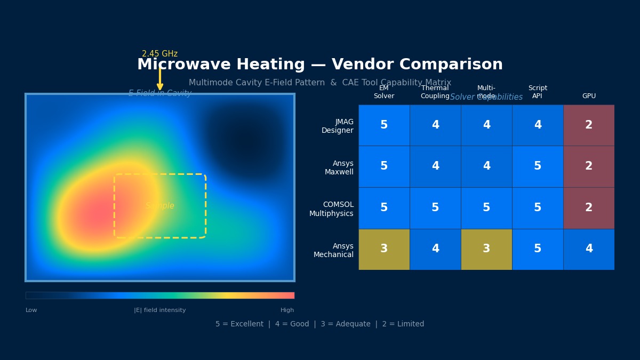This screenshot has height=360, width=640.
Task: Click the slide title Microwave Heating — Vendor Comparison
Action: click(320, 65)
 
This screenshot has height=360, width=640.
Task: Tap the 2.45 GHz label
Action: click(159, 54)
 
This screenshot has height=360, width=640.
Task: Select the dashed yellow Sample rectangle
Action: click(160, 206)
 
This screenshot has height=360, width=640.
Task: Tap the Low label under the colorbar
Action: click(31, 310)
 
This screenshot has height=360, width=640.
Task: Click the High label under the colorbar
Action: click(287, 310)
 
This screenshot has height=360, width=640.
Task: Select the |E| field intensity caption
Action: click(160, 310)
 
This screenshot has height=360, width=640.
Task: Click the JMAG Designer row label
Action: click(337, 126)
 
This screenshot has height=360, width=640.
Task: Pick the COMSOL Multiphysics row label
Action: click(331, 209)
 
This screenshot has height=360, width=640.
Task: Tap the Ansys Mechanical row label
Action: click(333, 251)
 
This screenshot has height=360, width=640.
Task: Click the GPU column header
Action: click(589, 96)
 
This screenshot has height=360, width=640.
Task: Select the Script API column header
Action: click(538, 92)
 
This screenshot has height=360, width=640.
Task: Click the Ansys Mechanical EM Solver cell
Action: click(384, 249)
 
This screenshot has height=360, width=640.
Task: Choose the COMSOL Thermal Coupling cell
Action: click(435, 208)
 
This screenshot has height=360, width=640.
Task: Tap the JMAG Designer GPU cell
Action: click(589, 125)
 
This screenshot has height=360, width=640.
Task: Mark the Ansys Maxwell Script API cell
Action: click(538, 166)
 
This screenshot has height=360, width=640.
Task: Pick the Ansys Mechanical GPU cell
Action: click(589, 249)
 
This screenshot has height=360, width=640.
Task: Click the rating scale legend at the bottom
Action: click(320, 324)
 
